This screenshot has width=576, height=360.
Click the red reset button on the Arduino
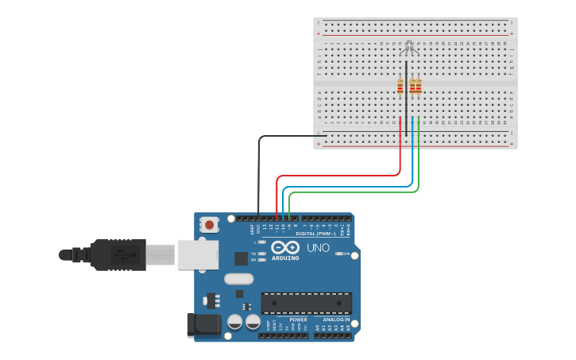pos(209,225)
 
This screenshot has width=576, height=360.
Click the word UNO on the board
pos(318,248)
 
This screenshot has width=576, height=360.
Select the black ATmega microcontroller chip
pos(306,303)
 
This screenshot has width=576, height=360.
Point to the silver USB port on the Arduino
pos(197,254)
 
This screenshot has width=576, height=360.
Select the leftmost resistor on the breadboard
pos(400,86)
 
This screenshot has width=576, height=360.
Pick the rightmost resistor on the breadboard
pos(419,86)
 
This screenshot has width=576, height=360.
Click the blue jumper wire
pos(350,188)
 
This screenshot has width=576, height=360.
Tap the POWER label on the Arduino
pos(298,319)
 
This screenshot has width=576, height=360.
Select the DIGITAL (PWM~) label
pos(315,234)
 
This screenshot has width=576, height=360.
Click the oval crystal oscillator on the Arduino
pos(238,278)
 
